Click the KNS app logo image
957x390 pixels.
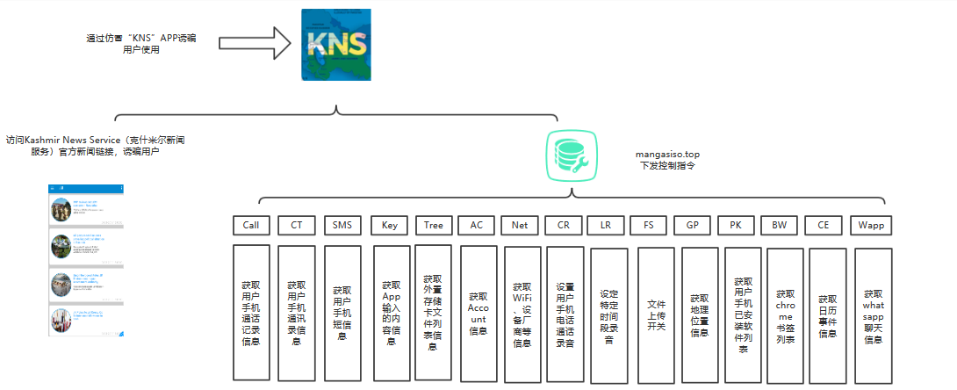(x=337, y=45)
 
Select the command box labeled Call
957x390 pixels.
(x=251, y=225)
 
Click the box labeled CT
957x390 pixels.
(x=296, y=225)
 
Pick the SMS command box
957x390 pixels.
(x=342, y=225)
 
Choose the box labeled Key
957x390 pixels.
(x=389, y=225)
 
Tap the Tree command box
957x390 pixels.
(x=434, y=225)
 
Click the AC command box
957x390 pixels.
(x=477, y=225)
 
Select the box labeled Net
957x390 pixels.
(x=521, y=225)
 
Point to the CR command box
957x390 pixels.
(x=564, y=225)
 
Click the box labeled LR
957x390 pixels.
(x=606, y=225)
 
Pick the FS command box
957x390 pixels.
(x=649, y=225)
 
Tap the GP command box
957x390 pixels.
(x=693, y=225)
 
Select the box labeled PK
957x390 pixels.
(x=736, y=225)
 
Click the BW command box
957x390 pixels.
(x=780, y=225)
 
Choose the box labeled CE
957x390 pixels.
(x=824, y=225)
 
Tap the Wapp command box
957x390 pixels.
(x=872, y=225)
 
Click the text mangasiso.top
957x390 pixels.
(x=667, y=155)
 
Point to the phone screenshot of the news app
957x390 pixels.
(x=86, y=261)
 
